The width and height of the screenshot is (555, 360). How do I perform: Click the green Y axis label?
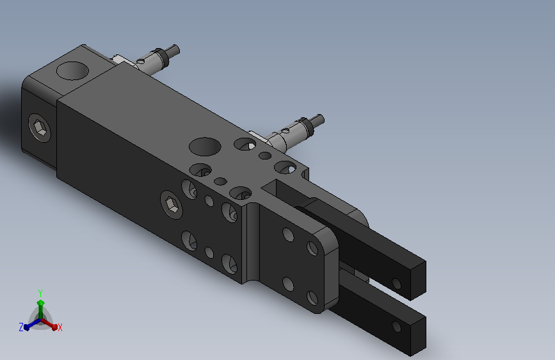coord(40,293)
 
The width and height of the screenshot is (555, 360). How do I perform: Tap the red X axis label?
coord(60,327)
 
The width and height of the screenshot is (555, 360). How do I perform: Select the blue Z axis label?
coord(21,327)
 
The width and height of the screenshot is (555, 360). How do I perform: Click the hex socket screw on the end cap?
coord(39,127)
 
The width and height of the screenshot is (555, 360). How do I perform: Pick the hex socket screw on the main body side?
coord(172,205)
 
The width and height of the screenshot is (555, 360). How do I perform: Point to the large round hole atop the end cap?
coord(72,71)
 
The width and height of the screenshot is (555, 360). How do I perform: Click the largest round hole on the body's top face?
coord(205,146)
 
